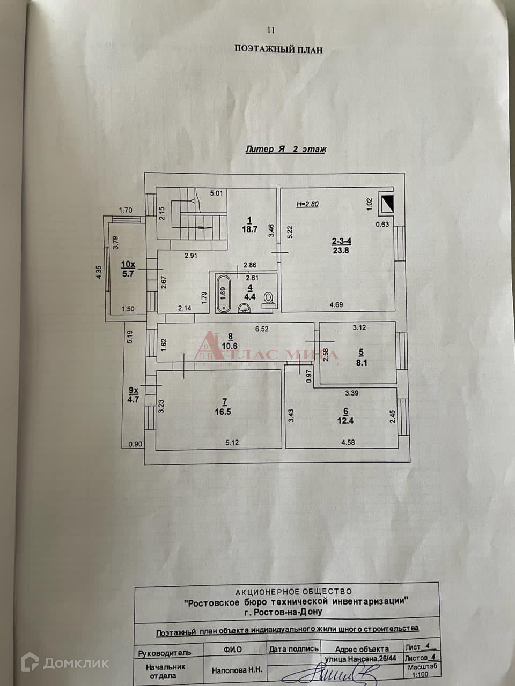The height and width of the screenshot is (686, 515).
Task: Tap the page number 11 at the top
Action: pos(270,30)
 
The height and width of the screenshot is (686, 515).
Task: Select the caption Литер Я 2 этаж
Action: pos(285,150)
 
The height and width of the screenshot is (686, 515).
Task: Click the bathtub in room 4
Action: pos(223,293)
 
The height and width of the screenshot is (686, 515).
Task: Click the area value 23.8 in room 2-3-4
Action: pos(341,249)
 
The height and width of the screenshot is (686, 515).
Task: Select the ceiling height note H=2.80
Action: pos(307,204)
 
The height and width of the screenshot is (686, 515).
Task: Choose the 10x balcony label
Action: pos(128,264)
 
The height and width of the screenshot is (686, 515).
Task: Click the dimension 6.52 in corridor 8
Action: pos(261,329)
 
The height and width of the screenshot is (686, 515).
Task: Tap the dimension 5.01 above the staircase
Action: pos(216,193)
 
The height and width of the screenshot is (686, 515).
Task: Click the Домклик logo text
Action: pos(76,663)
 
